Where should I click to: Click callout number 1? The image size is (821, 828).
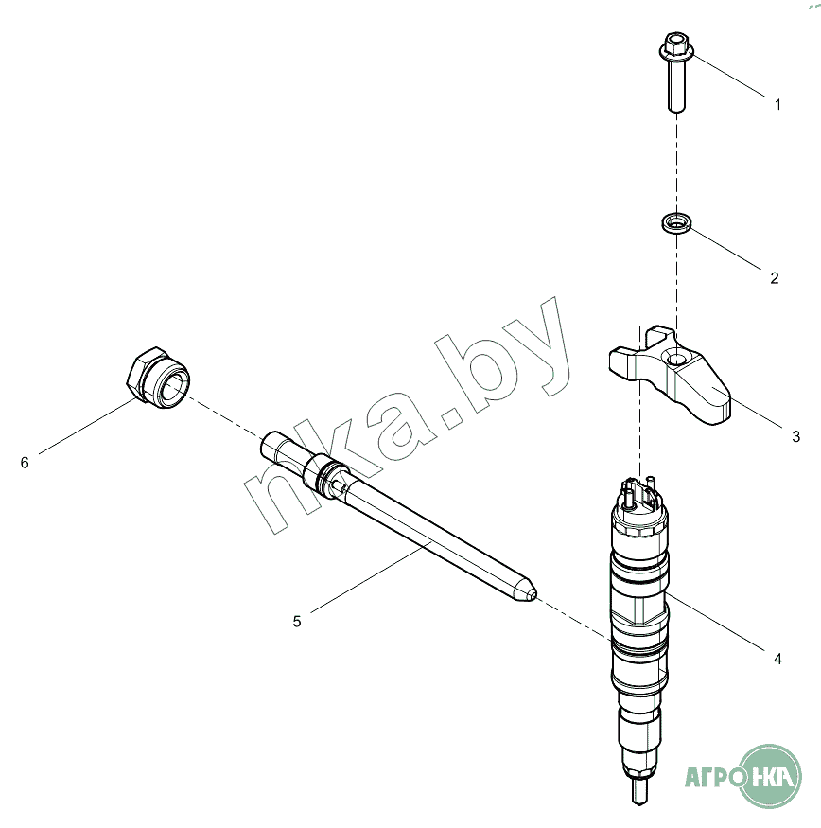point(777,104)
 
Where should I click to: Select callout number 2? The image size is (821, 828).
point(775,278)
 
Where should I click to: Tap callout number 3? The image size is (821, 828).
point(796,436)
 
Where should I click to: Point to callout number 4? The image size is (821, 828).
point(777,659)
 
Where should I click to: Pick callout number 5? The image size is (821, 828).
point(297,622)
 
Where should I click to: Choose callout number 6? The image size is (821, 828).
point(25,463)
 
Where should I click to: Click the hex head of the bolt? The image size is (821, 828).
point(676,45)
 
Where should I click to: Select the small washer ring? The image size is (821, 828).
point(677,222)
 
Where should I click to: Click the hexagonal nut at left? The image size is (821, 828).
point(158,379)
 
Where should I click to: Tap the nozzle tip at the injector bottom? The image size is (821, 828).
point(639,791)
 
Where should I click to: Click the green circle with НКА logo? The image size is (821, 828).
point(770,776)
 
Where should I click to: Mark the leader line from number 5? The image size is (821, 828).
point(372,577)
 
